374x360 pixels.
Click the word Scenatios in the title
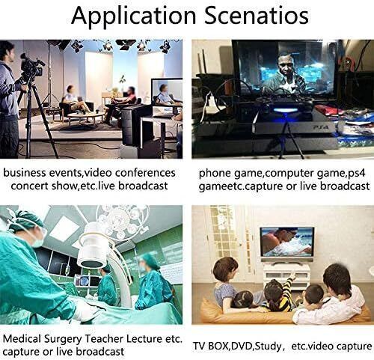pyautogui.click(x=257, y=16)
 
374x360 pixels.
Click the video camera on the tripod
pyautogui.click(x=31, y=65)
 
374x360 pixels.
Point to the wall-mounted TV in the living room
pyautogui.click(x=286, y=242)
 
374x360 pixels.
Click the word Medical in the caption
pyautogui.click(x=22, y=338)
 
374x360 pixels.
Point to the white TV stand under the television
pyautogui.click(x=286, y=276)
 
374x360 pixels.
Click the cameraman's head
pyautogui.click(x=7, y=51)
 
